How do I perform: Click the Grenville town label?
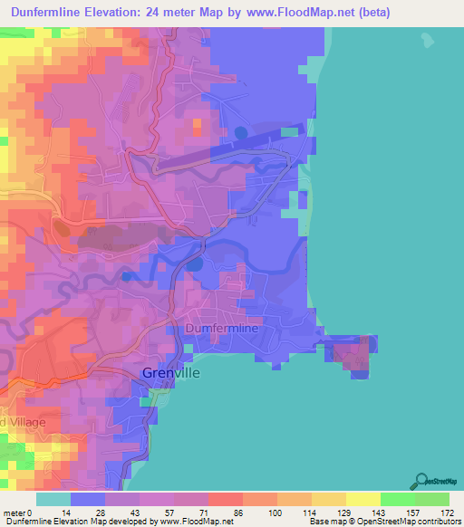pos(171,372)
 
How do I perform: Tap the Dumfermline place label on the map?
pos(222,329)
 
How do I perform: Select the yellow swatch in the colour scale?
pos(363,499)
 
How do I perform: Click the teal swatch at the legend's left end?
pos(53,499)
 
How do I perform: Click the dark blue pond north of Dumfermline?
pos(195,264)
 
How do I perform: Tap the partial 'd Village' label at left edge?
pos(16,423)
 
